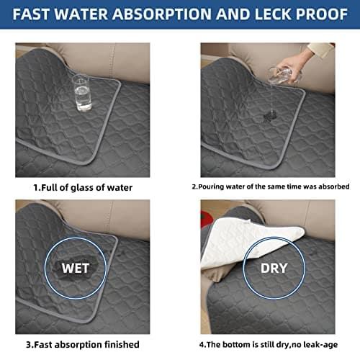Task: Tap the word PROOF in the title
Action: click(x=322, y=14)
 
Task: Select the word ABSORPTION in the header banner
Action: click(x=162, y=14)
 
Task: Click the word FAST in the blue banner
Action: click(x=31, y=14)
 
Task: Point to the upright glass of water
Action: click(x=82, y=92)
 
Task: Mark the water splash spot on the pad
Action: click(x=270, y=116)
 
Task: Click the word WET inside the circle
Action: click(x=76, y=268)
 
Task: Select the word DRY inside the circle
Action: click(x=274, y=268)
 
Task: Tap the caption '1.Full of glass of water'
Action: click(x=83, y=188)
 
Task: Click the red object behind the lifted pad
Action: click(x=205, y=217)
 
